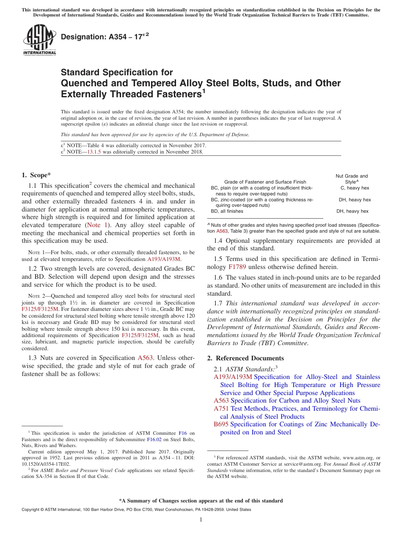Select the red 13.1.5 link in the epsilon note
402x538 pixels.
click(x=94, y=152)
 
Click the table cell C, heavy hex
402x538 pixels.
click(x=354, y=188)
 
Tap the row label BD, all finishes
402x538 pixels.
click(x=227, y=211)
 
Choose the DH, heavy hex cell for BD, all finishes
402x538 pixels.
click(x=352, y=211)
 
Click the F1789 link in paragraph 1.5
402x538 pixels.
click(x=237, y=267)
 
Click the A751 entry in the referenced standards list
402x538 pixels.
click(x=221, y=409)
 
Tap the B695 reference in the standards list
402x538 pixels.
click(x=221, y=424)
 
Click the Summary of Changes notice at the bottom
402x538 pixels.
click(x=201, y=501)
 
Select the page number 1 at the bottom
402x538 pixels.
click(x=201, y=519)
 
